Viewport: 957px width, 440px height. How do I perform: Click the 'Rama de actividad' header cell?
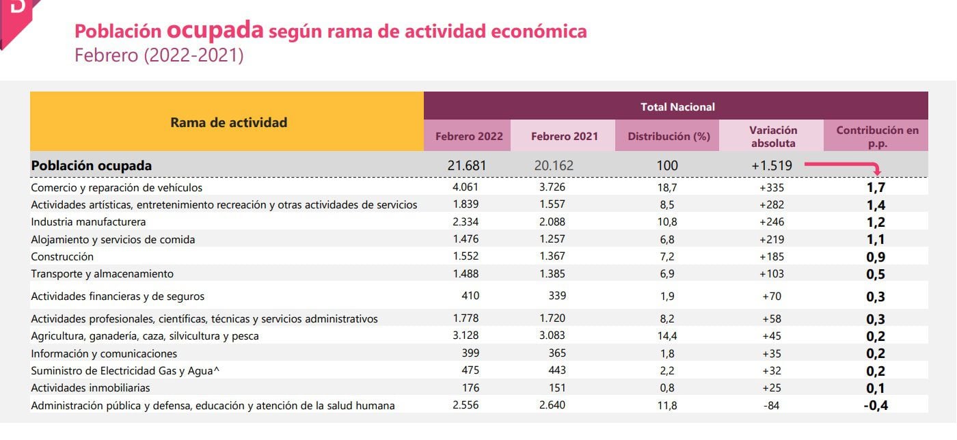pos(228,123)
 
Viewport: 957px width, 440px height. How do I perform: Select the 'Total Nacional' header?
pos(677,107)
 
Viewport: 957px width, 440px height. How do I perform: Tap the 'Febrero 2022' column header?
pos(468,136)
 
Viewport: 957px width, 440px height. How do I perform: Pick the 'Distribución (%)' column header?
pos(669,136)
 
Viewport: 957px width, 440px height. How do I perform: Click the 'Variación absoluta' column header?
pos(773,136)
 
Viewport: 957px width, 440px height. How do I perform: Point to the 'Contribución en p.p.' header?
pos(877,136)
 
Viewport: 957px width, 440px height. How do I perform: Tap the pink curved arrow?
pos(845,167)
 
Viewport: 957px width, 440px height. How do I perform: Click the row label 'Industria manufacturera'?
pos(88,222)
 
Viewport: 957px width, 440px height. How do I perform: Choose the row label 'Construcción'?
pos(62,257)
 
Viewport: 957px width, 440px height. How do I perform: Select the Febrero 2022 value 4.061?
pos(466,187)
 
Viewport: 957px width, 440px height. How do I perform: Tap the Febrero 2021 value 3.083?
pos(552,336)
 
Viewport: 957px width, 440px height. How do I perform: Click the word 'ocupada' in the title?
pos(215,30)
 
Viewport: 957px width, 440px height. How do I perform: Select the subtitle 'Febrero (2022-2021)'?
pos(159,55)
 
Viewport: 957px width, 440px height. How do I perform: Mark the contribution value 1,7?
pos(875,187)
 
